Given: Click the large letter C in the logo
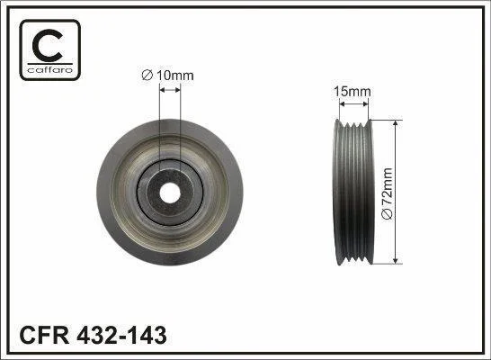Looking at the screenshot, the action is tap(48, 45).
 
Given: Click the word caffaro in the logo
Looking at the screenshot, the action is tap(50, 69).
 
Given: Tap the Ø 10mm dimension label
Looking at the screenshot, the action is tap(167, 76).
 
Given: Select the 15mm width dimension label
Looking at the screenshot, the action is tap(353, 92).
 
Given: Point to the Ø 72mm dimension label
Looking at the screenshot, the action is tap(387, 193).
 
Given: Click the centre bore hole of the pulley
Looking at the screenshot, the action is tap(170, 193).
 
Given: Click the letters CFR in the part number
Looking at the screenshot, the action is tap(44, 335).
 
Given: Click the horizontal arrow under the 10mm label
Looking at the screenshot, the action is tap(170, 90).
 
